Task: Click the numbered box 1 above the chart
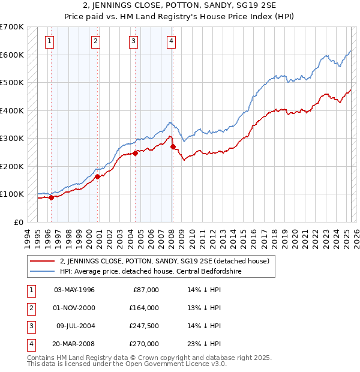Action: tap(49, 41)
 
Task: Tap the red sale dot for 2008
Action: tap(173, 146)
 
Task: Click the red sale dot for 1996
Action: tap(51, 197)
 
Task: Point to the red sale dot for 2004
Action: tap(135, 153)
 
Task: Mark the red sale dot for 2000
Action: tap(97, 176)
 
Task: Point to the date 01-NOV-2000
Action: tap(74, 307)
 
